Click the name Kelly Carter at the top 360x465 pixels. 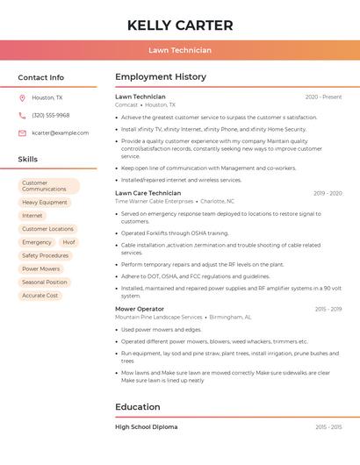point(180,25)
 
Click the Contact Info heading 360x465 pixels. point(41,77)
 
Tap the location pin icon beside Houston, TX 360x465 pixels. point(22,98)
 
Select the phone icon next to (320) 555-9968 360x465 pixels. point(22,115)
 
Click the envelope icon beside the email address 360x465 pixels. point(22,133)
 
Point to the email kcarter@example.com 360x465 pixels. point(60,133)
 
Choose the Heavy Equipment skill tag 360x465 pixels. point(44,202)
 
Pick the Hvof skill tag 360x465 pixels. point(68,242)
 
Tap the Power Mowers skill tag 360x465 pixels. point(40,268)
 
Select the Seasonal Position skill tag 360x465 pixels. point(44,283)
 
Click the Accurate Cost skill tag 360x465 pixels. point(40,296)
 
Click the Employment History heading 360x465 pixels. point(161,77)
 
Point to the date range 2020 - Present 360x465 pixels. point(323,97)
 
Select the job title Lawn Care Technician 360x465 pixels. point(148,193)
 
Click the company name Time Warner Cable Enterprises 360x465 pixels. point(154,201)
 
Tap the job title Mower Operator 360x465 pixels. point(140,309)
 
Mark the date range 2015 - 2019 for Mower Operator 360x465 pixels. point(328,309)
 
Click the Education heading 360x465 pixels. point(137,407)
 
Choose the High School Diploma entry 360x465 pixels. point(147,426)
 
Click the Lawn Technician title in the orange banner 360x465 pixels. point(180,50)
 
